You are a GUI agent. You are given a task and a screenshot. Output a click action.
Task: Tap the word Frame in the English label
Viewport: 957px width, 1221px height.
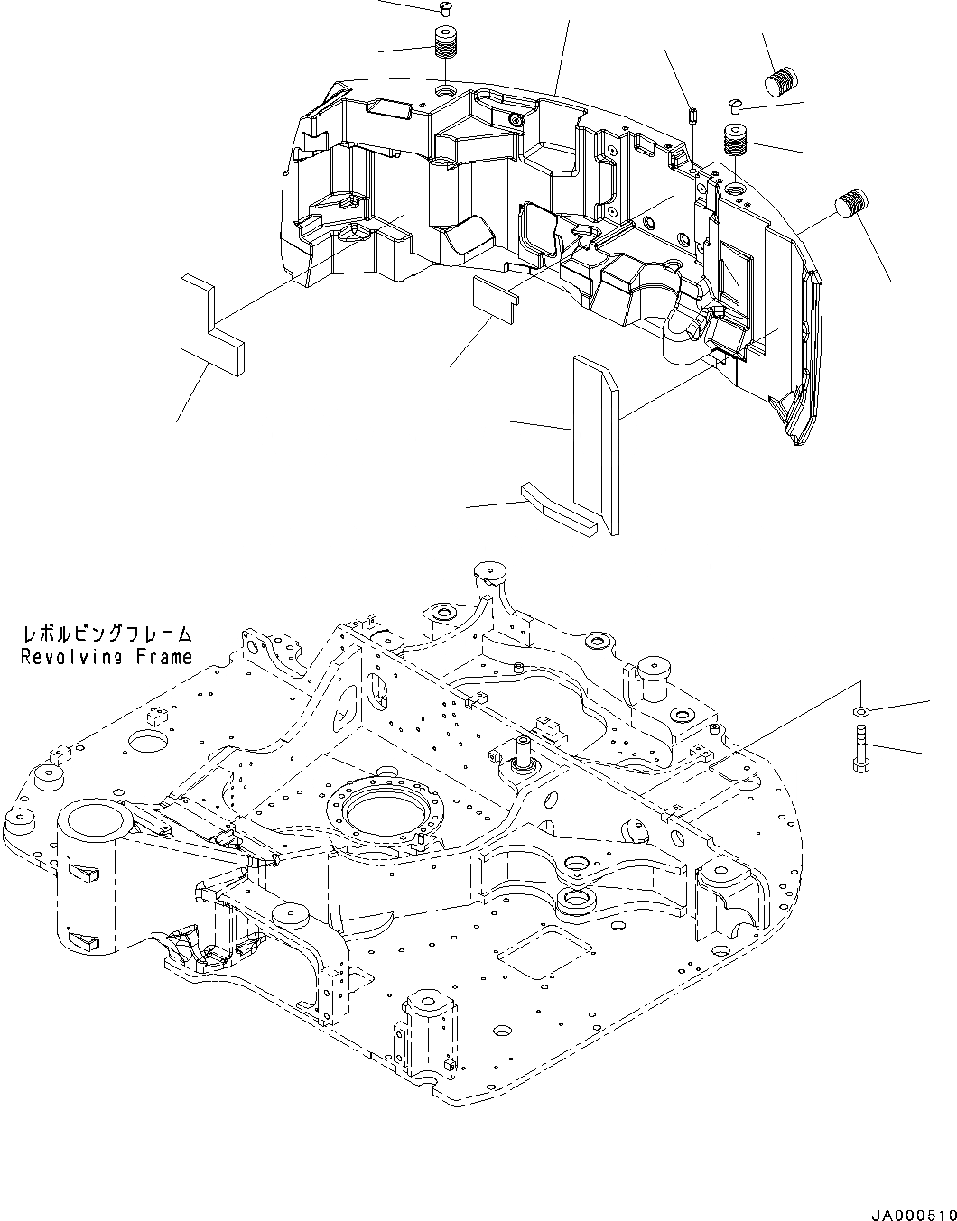tap(164, 657)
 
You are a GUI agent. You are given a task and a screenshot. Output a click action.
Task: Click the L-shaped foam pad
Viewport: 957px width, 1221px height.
tap(209, 324)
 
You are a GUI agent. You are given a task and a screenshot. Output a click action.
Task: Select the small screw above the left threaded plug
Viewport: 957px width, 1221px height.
tap(443, 8)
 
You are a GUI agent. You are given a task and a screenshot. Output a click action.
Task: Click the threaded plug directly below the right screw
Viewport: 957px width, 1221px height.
tap(735, 141)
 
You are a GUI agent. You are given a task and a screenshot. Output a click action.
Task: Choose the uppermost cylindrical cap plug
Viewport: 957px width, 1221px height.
tap(783, 81)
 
